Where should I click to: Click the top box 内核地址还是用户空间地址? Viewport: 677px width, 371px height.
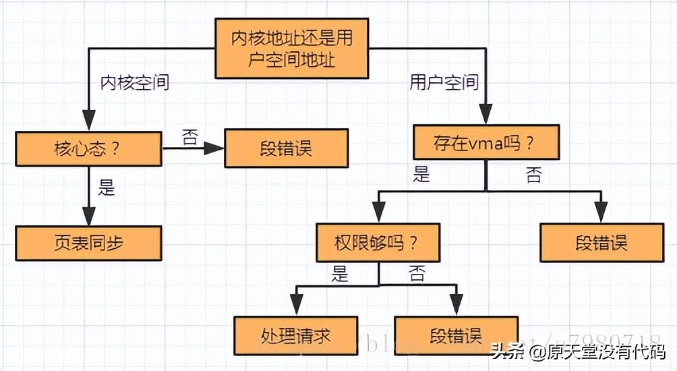click(x=292, y=49)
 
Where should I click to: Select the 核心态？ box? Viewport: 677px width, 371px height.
click(x=88, y=148)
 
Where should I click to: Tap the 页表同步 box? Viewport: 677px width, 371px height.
click(x=88, y=244)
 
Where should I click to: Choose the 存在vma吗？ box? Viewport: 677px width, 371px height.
click(x=485, y=143)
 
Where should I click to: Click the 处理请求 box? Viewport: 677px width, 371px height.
click(x=295, y=335)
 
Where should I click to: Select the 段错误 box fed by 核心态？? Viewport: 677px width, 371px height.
click(x=286, y=148)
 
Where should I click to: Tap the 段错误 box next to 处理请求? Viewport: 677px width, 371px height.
click(x=455, y=335)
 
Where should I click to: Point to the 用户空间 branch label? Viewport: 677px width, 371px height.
click(x=444, y=83)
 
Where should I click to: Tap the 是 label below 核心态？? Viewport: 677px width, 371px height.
click(x=107, y=188)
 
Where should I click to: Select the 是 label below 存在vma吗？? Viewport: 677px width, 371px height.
click(x=421, y=175)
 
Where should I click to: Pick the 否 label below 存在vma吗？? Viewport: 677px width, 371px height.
click(x=533, y=175)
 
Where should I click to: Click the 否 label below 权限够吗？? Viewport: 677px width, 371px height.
click(x=417, y=273)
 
